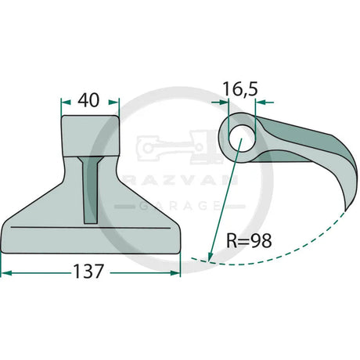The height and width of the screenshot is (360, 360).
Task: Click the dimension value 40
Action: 88,100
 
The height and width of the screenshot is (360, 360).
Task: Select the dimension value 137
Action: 88,271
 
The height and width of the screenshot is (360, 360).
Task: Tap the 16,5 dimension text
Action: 240,89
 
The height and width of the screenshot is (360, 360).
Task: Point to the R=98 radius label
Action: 249,240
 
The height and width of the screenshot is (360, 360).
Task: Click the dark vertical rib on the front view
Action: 91,190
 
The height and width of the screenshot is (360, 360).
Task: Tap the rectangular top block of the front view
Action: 90,135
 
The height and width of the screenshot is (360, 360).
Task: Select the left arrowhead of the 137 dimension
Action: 6,273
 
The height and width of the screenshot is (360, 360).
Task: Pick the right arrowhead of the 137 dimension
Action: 175,273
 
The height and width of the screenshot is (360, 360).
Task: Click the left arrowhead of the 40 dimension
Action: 66,103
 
